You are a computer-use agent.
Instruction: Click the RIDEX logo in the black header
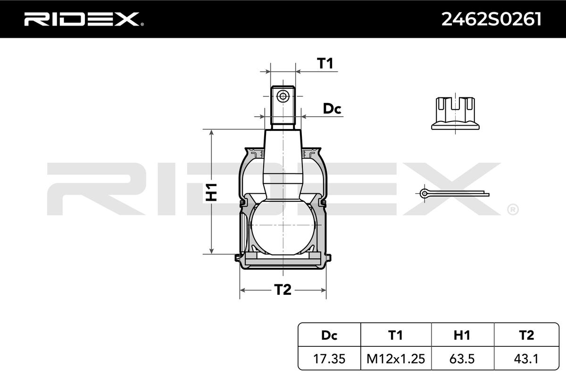point(82,19)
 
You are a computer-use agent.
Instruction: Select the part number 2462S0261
point(491,19)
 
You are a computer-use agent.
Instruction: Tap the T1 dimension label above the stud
point(325,63)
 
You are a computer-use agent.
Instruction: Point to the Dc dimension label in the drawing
point(332,109)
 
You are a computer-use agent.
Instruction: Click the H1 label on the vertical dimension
point(211,192)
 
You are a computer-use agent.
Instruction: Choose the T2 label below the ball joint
point(283,290)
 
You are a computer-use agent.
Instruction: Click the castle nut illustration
point(455,113)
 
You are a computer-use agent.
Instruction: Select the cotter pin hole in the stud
point(283,96)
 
